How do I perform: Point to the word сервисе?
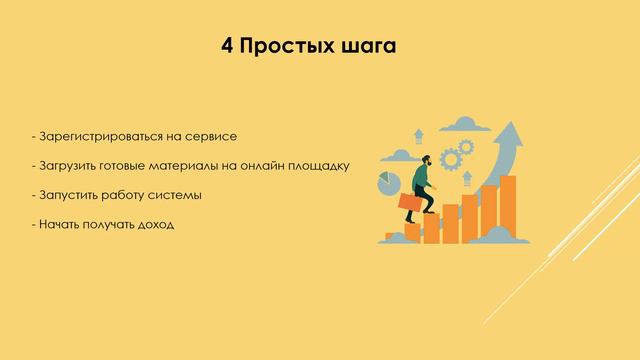(x=213, y=134)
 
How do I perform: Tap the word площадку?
(x=319, y=164)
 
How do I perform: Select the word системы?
(x=176, y=194)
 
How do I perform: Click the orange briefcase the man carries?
(x=410, y=203)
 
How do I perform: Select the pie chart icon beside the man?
(x=388, y=184)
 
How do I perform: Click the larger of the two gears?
(x=451, y=158)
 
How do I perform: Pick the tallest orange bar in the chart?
(x=507, y=209)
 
